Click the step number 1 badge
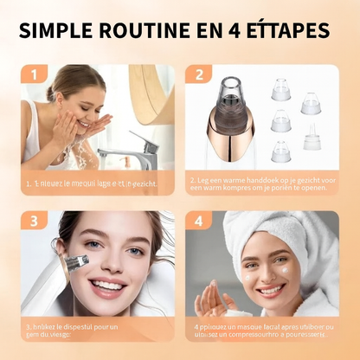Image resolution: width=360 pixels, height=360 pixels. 35,75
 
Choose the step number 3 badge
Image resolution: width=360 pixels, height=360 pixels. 35,222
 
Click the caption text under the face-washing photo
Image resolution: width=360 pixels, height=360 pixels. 91,183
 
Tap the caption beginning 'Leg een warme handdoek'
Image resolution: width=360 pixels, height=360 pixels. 261,183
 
